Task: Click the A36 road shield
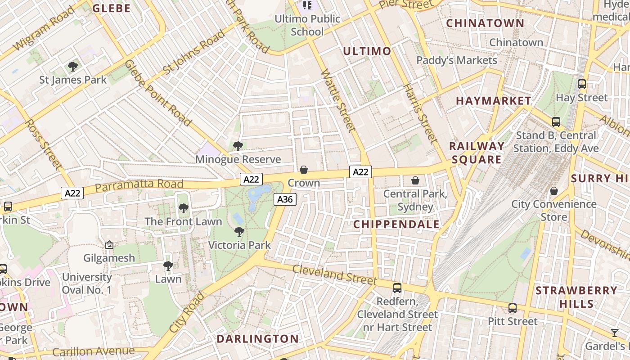click(x=285, y=199)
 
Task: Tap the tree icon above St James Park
click(x=72, y=67)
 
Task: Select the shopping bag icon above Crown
click(x=304, y=170)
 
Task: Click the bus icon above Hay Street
click(x=582, y=84)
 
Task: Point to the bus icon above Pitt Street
click(x=513, y=308)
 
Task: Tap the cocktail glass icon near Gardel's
click(x=614, y=333)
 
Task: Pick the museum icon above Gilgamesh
click(x=109, y=245)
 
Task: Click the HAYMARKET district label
click(x=494, y=101)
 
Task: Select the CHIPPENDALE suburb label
click(x=396, y=224)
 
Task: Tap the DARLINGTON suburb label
click(x=258, y=339)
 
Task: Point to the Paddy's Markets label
click(x=457, y=60)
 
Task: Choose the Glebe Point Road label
click(x=158, y=93)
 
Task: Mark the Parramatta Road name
click(x=139, y=184)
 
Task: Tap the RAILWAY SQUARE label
click(x=477, y=153)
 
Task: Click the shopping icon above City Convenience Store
click(x=554, y=191)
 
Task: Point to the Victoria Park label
click(x=239, y=245)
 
